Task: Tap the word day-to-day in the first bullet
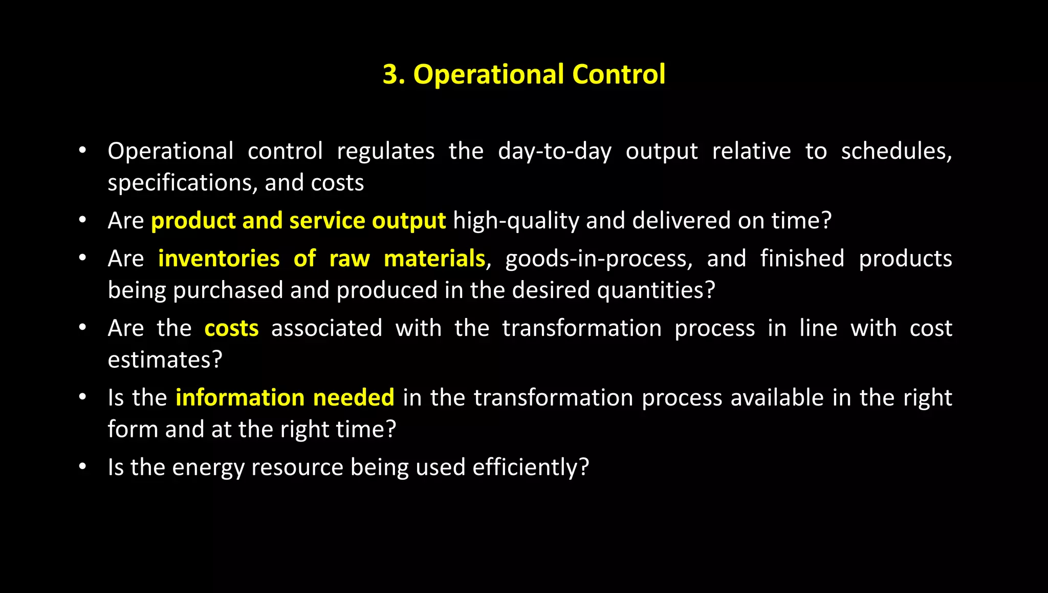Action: (x=555, y=152)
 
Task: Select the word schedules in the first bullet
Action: (x=896, y=152)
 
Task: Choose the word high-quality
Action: (x=516, y=221)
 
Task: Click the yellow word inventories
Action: (x=219, y=259)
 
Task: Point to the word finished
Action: (x=802, y=259)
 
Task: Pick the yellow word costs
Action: (x=231, y=328)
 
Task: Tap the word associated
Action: (x=326, y=328)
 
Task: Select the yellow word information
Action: (x=240, y=398)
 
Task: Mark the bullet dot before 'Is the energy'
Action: (x=82, y=467)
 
